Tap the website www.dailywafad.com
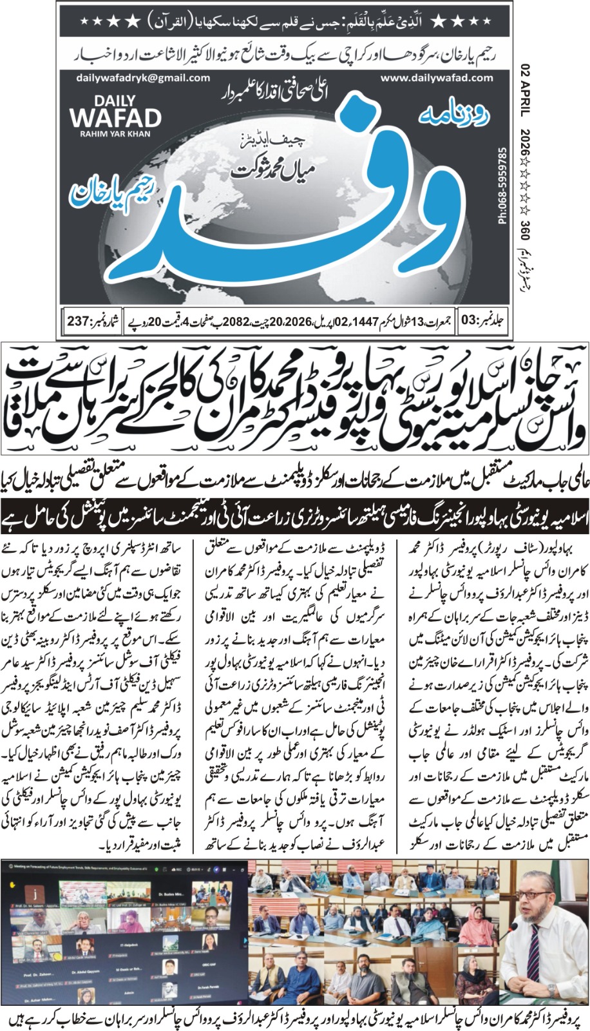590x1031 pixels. coord(437,78)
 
